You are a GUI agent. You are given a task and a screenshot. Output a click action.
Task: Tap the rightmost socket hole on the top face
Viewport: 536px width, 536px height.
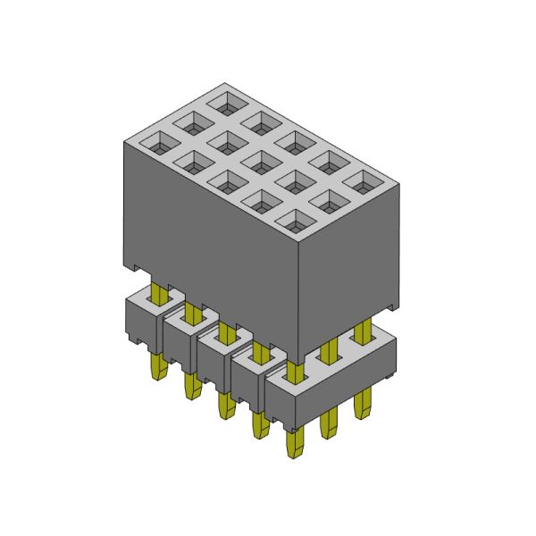(x=361, y=181)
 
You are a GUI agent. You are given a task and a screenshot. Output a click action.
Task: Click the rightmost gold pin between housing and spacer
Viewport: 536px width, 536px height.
(x=362, y=332)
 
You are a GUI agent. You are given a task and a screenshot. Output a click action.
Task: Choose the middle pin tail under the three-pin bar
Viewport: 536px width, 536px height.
(x=329, y=423)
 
